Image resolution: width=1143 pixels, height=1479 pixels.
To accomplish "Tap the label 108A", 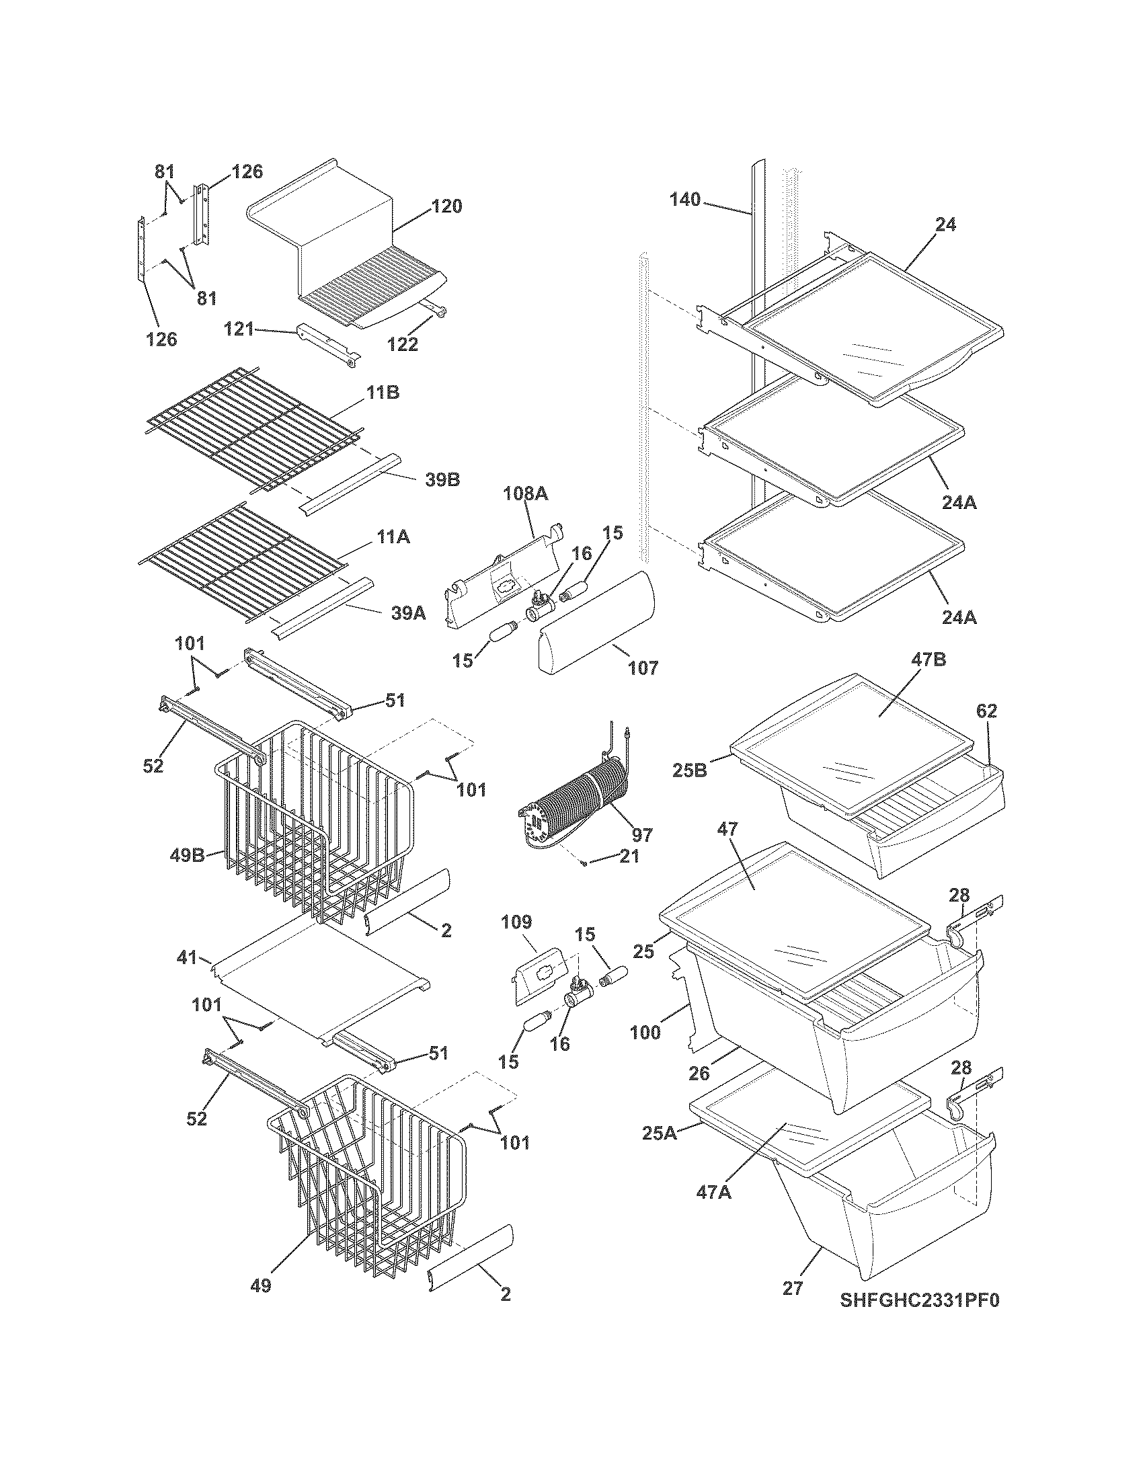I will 526,495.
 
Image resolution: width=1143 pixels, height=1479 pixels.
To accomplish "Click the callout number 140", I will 685,200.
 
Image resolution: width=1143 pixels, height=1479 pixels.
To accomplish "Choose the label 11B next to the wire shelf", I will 383,392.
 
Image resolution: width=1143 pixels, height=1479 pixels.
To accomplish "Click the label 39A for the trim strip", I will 409,613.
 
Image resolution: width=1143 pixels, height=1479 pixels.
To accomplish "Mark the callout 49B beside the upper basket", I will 187,855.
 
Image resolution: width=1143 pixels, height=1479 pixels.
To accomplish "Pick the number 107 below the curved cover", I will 642,668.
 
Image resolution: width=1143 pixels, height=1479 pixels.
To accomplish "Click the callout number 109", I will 516,922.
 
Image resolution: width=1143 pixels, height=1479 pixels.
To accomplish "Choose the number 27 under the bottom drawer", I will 792,1287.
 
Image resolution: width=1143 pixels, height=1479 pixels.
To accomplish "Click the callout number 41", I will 187,958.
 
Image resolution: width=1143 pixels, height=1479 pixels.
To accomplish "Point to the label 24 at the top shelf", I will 946,225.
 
